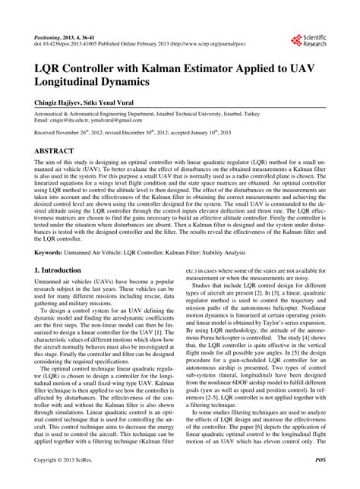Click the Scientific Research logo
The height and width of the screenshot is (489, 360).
click(308, 40)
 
